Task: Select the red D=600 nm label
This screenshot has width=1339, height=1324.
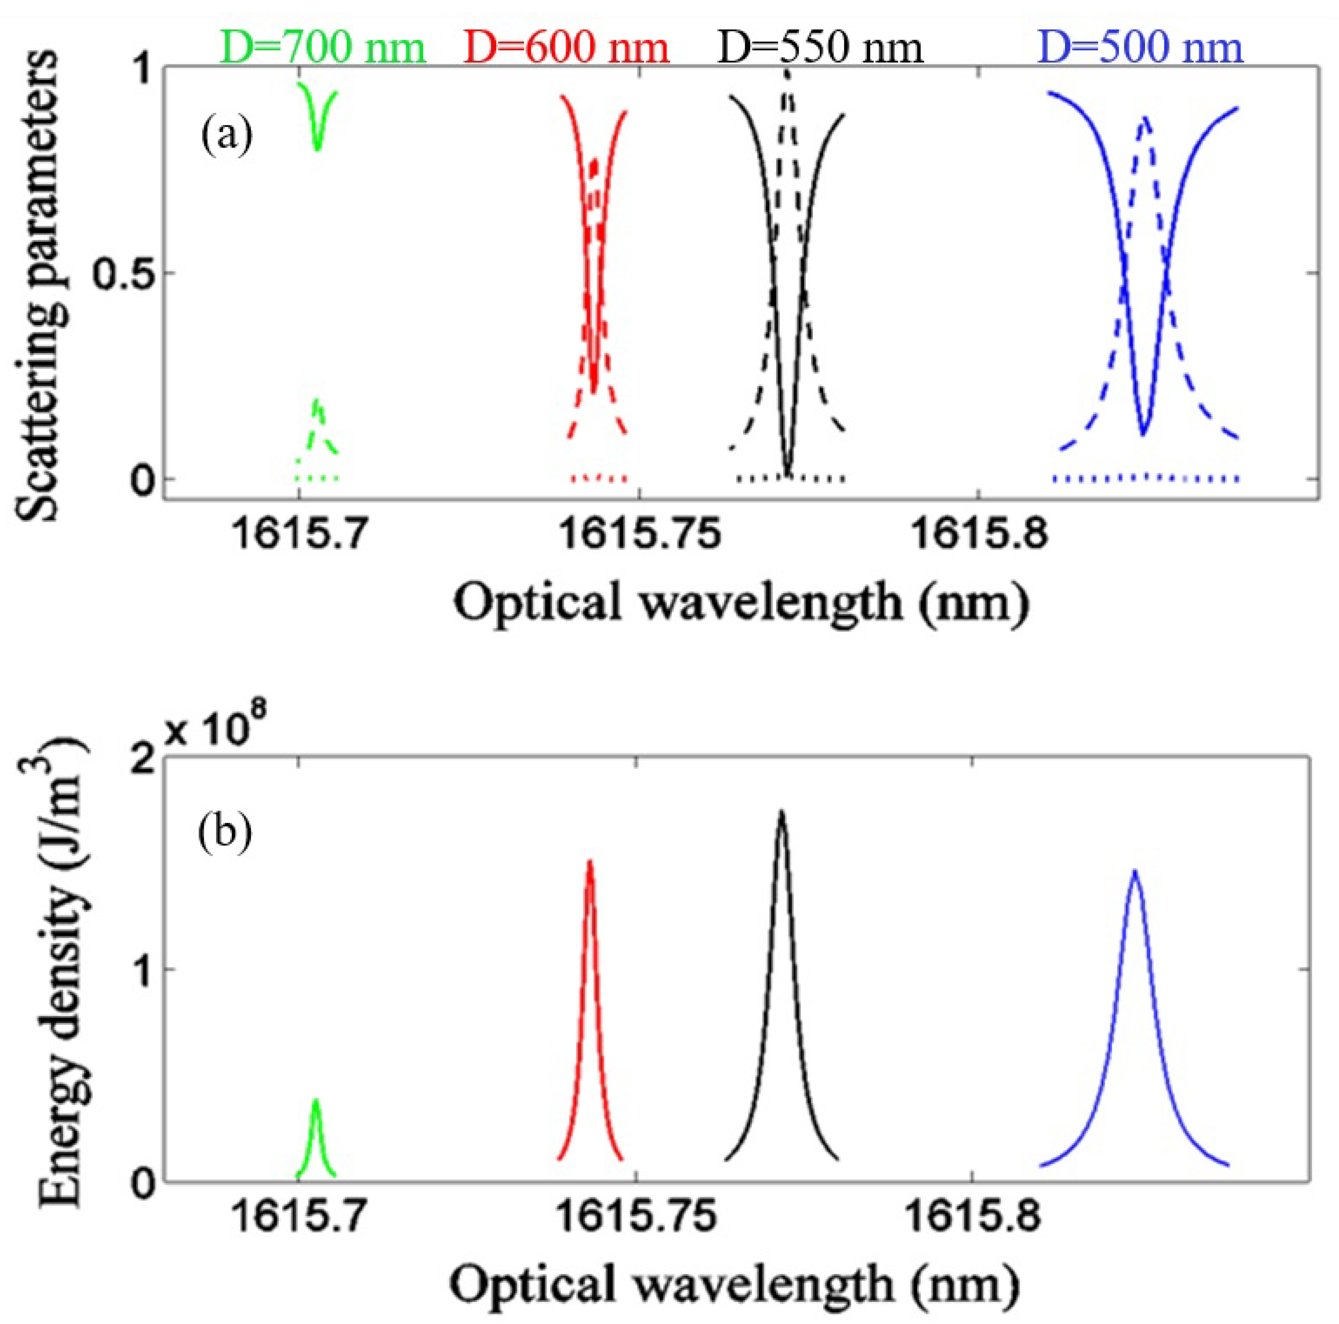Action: (565, 49)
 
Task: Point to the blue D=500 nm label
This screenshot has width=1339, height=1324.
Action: (1142, 49)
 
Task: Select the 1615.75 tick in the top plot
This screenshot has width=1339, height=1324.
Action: (639, 535)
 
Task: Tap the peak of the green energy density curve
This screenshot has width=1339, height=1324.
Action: (316, 1101)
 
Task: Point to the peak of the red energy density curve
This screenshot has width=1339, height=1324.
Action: (590, 862)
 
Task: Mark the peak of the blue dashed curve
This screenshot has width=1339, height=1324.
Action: (1146, 118)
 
